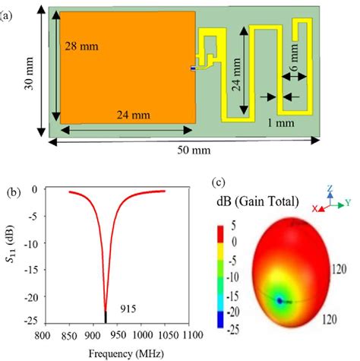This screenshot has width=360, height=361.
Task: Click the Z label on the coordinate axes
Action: [x=330, y=185]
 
